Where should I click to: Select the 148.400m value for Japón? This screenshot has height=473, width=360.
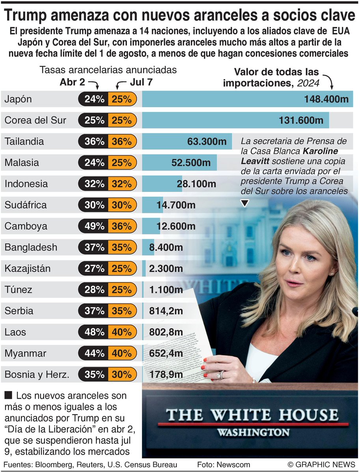[x=326, y=99]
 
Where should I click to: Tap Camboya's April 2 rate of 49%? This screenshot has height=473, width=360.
[x=94, y=226]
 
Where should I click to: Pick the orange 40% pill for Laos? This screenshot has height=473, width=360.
[x=121, y=332]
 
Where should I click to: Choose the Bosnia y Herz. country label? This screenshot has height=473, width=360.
[x=37, y=374]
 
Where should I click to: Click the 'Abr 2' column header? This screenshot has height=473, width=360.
[x=73, y=82]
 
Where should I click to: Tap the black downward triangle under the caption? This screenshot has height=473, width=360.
[x=245, y=203]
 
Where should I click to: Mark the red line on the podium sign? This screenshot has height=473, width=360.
[x=252, y=425]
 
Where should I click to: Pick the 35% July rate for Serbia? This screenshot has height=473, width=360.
[x=121, y=311]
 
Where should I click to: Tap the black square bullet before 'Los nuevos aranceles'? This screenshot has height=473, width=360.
[x=8, y=394]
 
